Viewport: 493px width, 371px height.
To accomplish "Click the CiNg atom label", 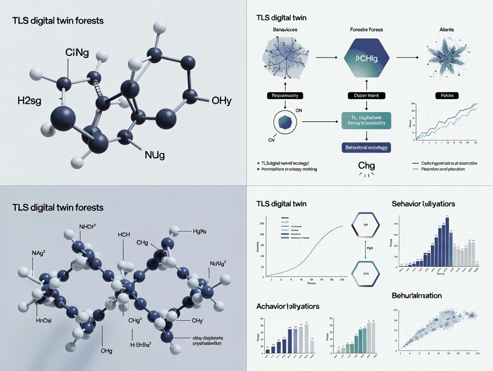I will pyautogui.click(x=77, y=53).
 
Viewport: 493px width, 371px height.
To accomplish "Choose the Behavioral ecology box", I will pyautogui.click(x=366, y=147).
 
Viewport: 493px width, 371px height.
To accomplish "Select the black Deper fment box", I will pyautogui.click(x=366, y=95).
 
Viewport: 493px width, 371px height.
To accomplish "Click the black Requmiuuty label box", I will pyautogui.click(x=285, y=95).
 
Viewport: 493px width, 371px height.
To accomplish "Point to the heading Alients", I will pyautogui.click(x=446, y=29).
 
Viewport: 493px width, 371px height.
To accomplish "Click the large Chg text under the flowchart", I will pyautogui.click(x=367, y=166).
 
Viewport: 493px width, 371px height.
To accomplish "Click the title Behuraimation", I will pyautogui.click(x=417, y=296).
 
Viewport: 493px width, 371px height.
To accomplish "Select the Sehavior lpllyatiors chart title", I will pyautogui.click(x=423, y=204).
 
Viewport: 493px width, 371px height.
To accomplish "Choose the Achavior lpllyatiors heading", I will pyautogui.click(x=288, y=306).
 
